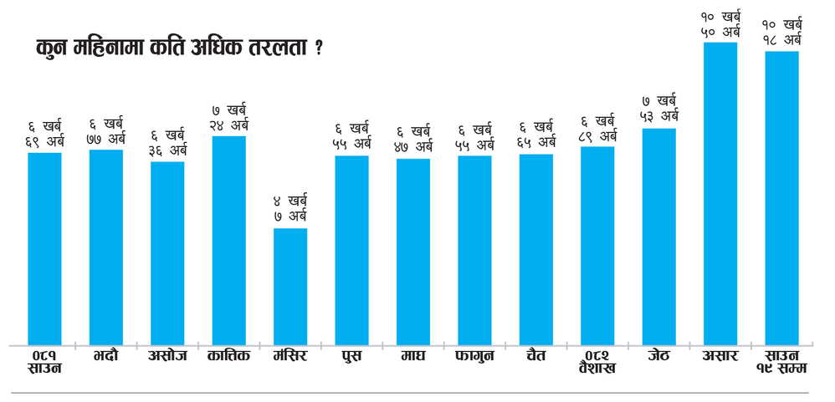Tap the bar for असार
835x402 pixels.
pyautogui.click(x=720, y=193)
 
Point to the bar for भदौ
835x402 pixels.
pyautogui.click(x=106, y=247)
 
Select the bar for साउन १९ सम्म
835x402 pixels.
pyautogui.click(x=781, y=197)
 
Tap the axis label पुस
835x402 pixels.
pyautogui.click(x=351, y=356)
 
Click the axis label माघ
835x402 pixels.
pyautogui.click(x=413, y=356)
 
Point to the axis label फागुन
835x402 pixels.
pyautogui.click(x=474, y=356)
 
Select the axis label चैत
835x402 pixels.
pyautogui.click(x=536, y=356)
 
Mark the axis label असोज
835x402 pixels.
pyautogui.click(x=167, y=356)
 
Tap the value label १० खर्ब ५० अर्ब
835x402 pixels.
pyautogui.click(x=720, y=23)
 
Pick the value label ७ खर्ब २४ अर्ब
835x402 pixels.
pyautogui.click(x=229, y=117)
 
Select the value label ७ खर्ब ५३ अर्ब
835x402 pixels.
pyautogui.click(x=659, y=109)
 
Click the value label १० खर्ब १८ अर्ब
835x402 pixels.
pyautogui.click(x=781, y=32)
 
